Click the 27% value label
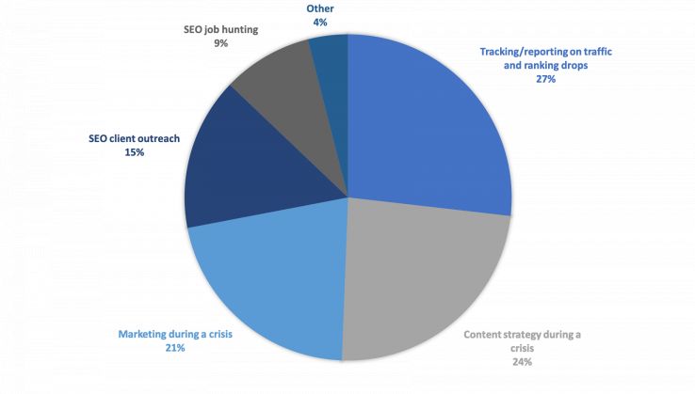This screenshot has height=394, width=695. [546, 80]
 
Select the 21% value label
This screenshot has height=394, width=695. [176, 347]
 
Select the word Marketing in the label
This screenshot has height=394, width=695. [145, 333]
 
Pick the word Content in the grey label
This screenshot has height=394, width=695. [489, 334]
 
